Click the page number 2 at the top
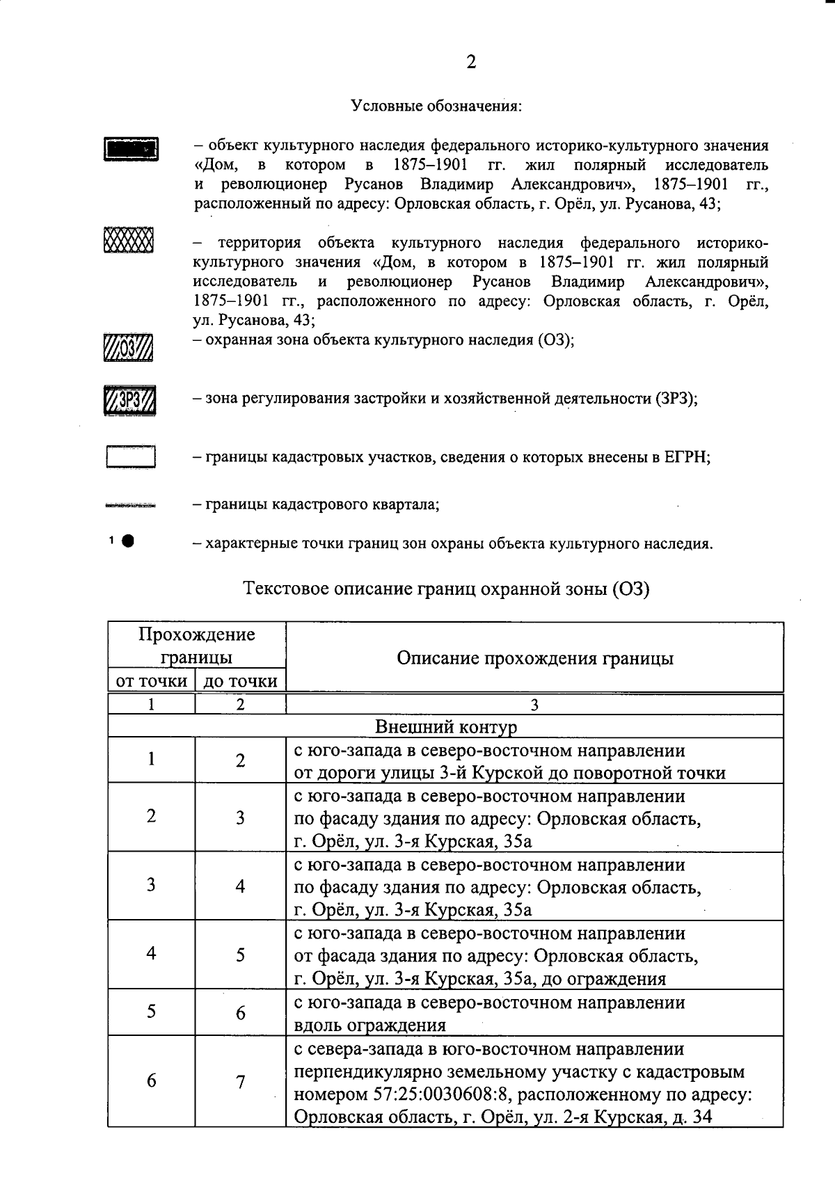click(471, 63)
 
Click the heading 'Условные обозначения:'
click(436, 106)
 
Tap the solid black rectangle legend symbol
click(132, 149)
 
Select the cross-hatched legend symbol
click(128, 241)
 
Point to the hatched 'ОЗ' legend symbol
click(128, 347)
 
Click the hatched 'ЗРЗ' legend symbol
click(129, 400)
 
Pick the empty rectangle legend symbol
click(130, 456)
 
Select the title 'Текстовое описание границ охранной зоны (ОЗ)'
click(446, 589)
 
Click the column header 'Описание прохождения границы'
click(534, 657)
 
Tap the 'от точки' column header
click(151, 680)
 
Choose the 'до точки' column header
click(240, 680)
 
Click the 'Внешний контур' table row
click(446, 727)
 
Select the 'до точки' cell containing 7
click(240, 1083)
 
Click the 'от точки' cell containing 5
click(151, 1012)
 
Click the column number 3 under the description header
click(534, 705)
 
